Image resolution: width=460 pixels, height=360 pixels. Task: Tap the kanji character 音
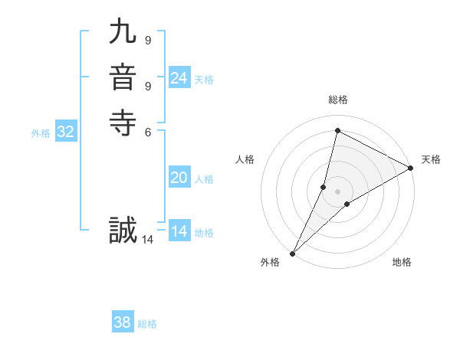(123, 78)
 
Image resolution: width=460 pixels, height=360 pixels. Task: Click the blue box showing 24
(179, 78)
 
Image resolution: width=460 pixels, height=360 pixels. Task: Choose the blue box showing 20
(179, 178)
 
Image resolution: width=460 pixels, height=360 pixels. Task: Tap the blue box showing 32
(66, 132)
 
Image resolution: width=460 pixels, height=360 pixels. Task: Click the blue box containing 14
(179, 231)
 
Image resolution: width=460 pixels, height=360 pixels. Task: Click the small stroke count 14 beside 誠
(147, 240)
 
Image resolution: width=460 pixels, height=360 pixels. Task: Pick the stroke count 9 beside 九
(147, 41)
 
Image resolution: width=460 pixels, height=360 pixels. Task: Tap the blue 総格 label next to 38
(147, 324)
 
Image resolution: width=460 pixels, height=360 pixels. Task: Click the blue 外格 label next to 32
(41, 133)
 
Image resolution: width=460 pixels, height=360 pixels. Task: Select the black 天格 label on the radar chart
(431, 159)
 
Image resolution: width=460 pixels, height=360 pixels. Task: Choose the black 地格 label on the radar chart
(402, 262)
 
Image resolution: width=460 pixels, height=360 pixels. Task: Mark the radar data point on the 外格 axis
(292, 254)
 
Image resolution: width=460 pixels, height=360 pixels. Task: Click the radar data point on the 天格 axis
(411, 168)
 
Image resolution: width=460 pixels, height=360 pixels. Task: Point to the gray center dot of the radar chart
(337, 191)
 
